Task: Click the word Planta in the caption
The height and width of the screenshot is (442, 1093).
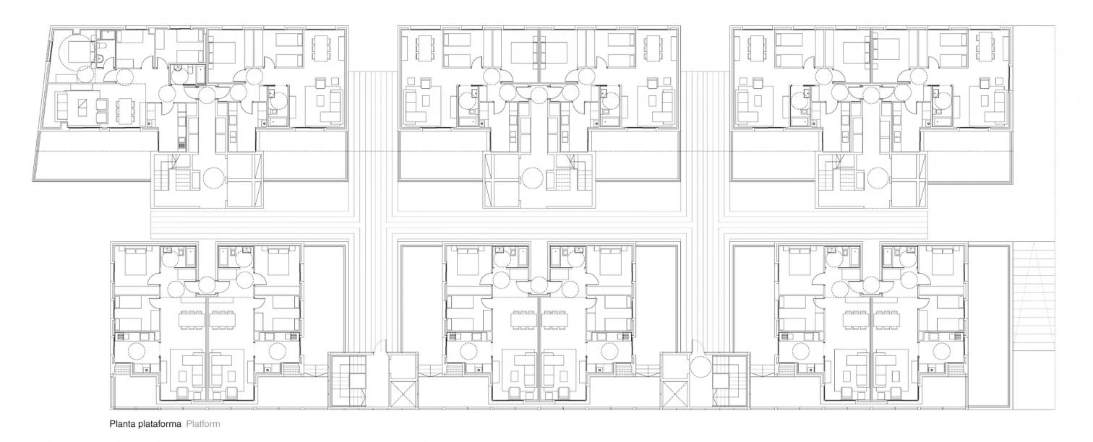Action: [122, 425]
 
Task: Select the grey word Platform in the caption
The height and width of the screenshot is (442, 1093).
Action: [202, 425]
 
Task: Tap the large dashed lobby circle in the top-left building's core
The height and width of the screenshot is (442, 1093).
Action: [215, 178]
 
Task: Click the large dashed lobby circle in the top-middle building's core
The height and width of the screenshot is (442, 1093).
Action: [533, 178]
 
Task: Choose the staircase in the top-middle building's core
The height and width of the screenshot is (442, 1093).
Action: [566, 177]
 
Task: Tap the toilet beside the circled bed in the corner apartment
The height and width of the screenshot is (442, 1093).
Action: [104, 49]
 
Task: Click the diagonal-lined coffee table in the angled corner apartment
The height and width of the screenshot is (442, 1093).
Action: [82, 107]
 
